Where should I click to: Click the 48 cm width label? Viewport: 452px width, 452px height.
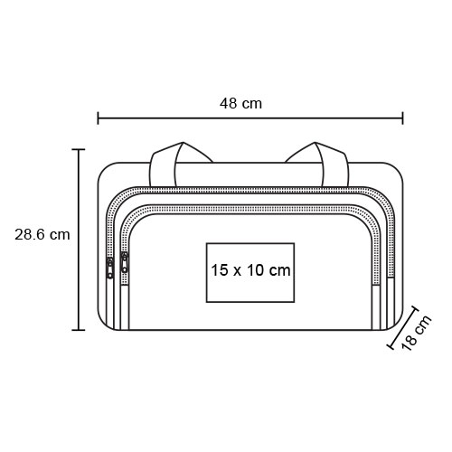coord(240,104)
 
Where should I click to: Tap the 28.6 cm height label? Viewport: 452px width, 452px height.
coord(42,234)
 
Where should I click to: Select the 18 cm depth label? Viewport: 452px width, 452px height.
coord(417,333)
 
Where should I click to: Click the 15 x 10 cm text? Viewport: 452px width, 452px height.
coord(250,270)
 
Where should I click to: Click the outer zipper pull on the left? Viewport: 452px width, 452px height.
coord(110,268)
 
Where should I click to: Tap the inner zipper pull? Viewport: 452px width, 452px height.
coord(124,262)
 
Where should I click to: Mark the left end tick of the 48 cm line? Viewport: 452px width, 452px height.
coord(98,118)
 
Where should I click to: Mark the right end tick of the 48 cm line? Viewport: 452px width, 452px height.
coord(402,118)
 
